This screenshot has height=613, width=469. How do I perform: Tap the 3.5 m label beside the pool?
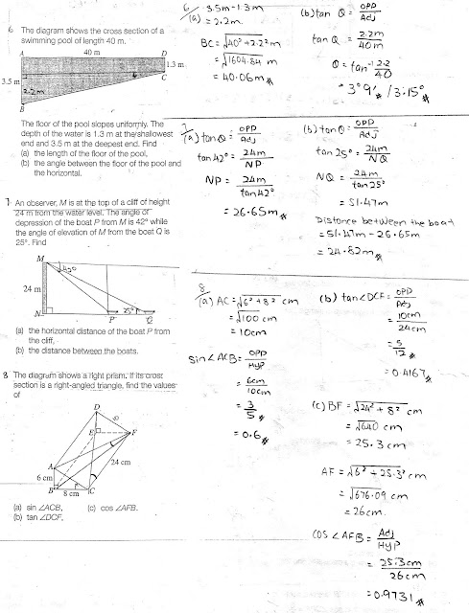[12, 83]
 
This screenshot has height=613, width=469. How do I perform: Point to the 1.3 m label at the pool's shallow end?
[173, 64]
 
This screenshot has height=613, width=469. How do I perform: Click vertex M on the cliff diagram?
[39, 259]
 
